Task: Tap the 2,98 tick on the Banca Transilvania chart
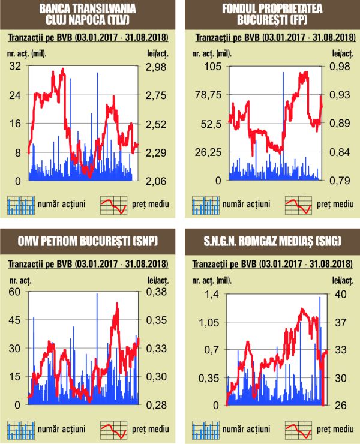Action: [x=157, y=67]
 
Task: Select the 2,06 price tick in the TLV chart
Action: [x=157, y=181]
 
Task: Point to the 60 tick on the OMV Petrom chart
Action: [x=14, y=292]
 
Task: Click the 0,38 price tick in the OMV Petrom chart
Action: [x=157, y=292]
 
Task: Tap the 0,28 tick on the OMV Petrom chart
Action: [x=157, y=405]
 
